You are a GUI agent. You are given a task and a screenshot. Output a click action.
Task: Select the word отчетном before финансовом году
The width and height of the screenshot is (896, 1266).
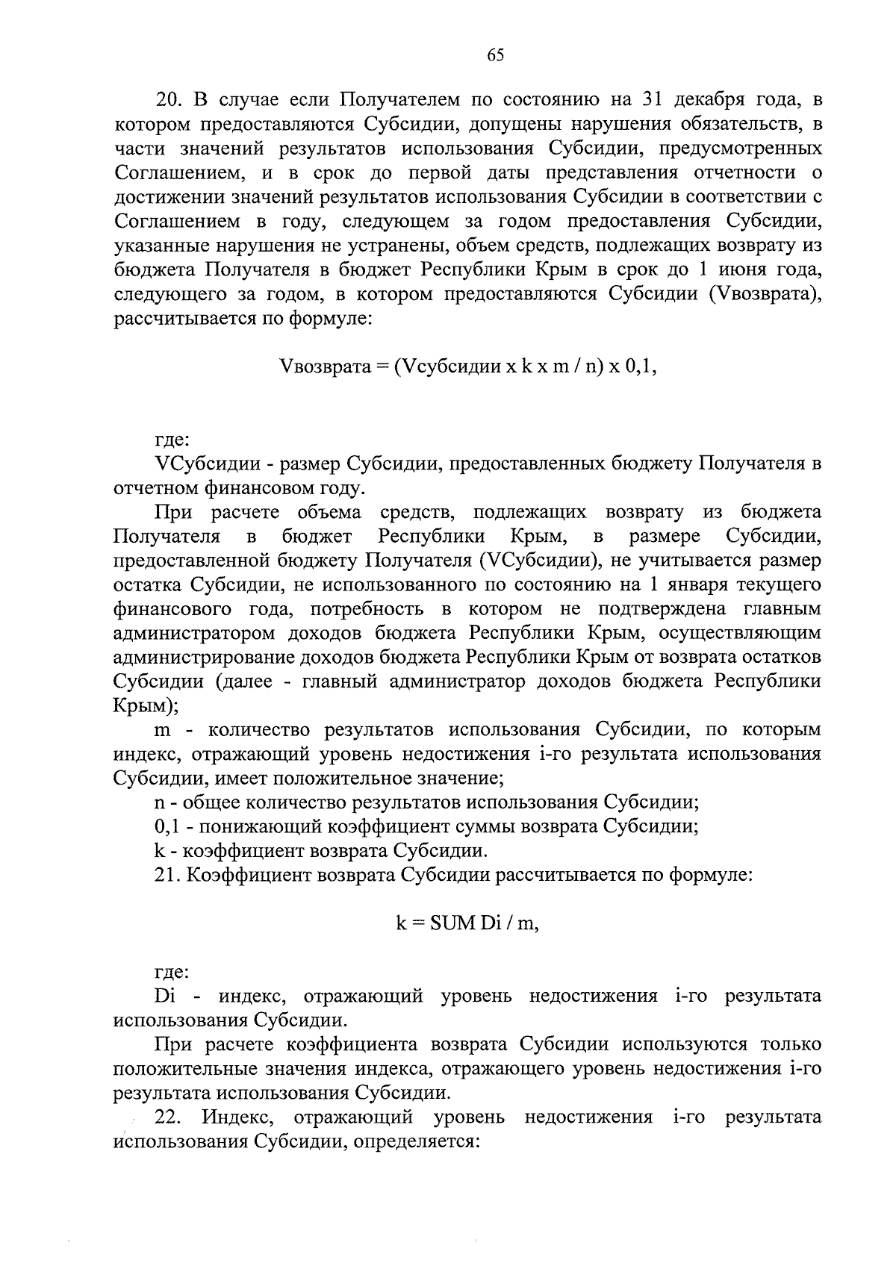155,488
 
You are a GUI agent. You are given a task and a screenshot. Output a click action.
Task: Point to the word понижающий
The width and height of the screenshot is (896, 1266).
251,826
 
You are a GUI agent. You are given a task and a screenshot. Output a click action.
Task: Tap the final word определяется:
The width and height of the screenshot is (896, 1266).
416,1142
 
